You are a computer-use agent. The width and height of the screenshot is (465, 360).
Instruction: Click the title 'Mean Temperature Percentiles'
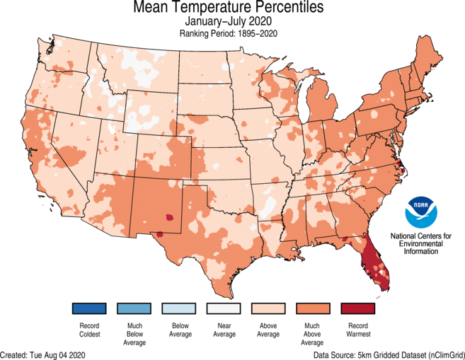pos(228,8)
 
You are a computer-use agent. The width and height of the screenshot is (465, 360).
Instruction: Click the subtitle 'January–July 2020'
pos(228,22)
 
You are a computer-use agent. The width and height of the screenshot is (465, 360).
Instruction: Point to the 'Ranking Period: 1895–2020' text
pos(228,33)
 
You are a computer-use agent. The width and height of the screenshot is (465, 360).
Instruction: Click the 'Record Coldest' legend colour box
pos(88,309)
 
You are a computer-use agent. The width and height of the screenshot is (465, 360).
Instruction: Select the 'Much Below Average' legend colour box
pos(134,309)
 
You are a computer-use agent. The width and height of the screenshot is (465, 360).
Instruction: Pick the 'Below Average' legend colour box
pos(179,309)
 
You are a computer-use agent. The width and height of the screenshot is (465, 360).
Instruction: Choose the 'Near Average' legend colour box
pos(224,309)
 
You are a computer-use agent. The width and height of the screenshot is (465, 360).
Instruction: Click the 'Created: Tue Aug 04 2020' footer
pos(44,354)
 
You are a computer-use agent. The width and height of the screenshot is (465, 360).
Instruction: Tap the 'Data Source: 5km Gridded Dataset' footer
pos(389,354)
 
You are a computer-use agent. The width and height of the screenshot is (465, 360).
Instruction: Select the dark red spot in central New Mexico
pos(169,218)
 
